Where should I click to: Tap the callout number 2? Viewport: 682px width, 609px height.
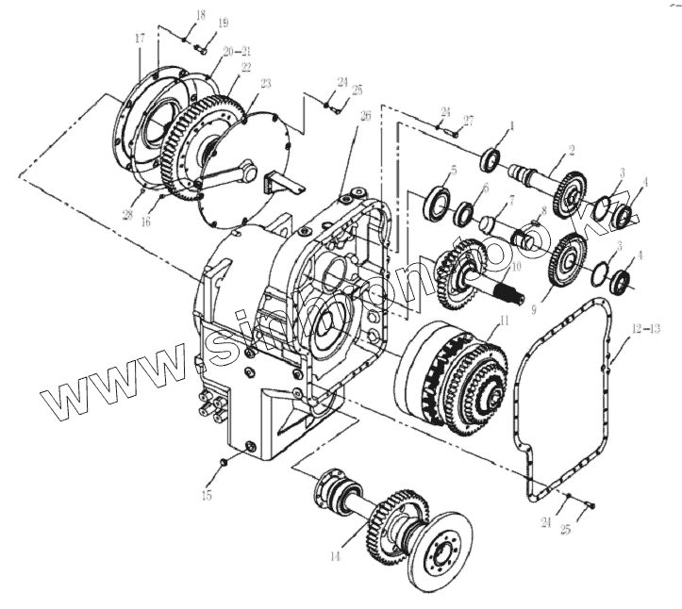tap(571, 149)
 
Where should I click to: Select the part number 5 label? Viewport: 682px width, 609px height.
tap(454, 171)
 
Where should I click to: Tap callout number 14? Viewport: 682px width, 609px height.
tap(333, 557)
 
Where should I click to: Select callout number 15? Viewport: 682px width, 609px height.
tap(208, 493)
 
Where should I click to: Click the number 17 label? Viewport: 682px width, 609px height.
tap(140, 39)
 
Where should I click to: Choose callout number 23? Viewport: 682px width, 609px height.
tap(265, 84)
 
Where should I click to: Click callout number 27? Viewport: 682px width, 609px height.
tap(468, 120)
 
